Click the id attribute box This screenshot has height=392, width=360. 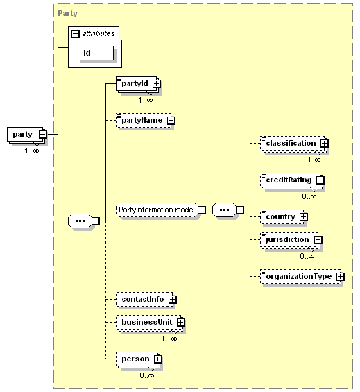click(x=96, y=53)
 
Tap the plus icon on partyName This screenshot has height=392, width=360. click(x=171, y=121)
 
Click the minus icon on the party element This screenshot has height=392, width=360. click(x=43, y=134)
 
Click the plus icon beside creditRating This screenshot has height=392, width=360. click(x=320, y=180)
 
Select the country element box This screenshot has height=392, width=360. click(x=282, y=216)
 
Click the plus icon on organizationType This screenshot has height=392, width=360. click(x=341, y=277)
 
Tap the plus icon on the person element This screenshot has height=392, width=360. click(x=157, y=359)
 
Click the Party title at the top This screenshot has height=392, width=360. click(x=67, y=13)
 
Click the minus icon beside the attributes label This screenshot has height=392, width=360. click(x=75, y=34)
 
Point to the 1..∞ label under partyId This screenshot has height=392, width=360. click(x=146, y=100)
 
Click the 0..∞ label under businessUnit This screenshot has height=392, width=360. click(x=170, y=339)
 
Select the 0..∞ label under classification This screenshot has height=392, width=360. click(x=314, y=160)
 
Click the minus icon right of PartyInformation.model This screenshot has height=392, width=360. click(x=202, y=210)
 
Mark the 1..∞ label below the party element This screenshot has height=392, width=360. click(x=32, y=151)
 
